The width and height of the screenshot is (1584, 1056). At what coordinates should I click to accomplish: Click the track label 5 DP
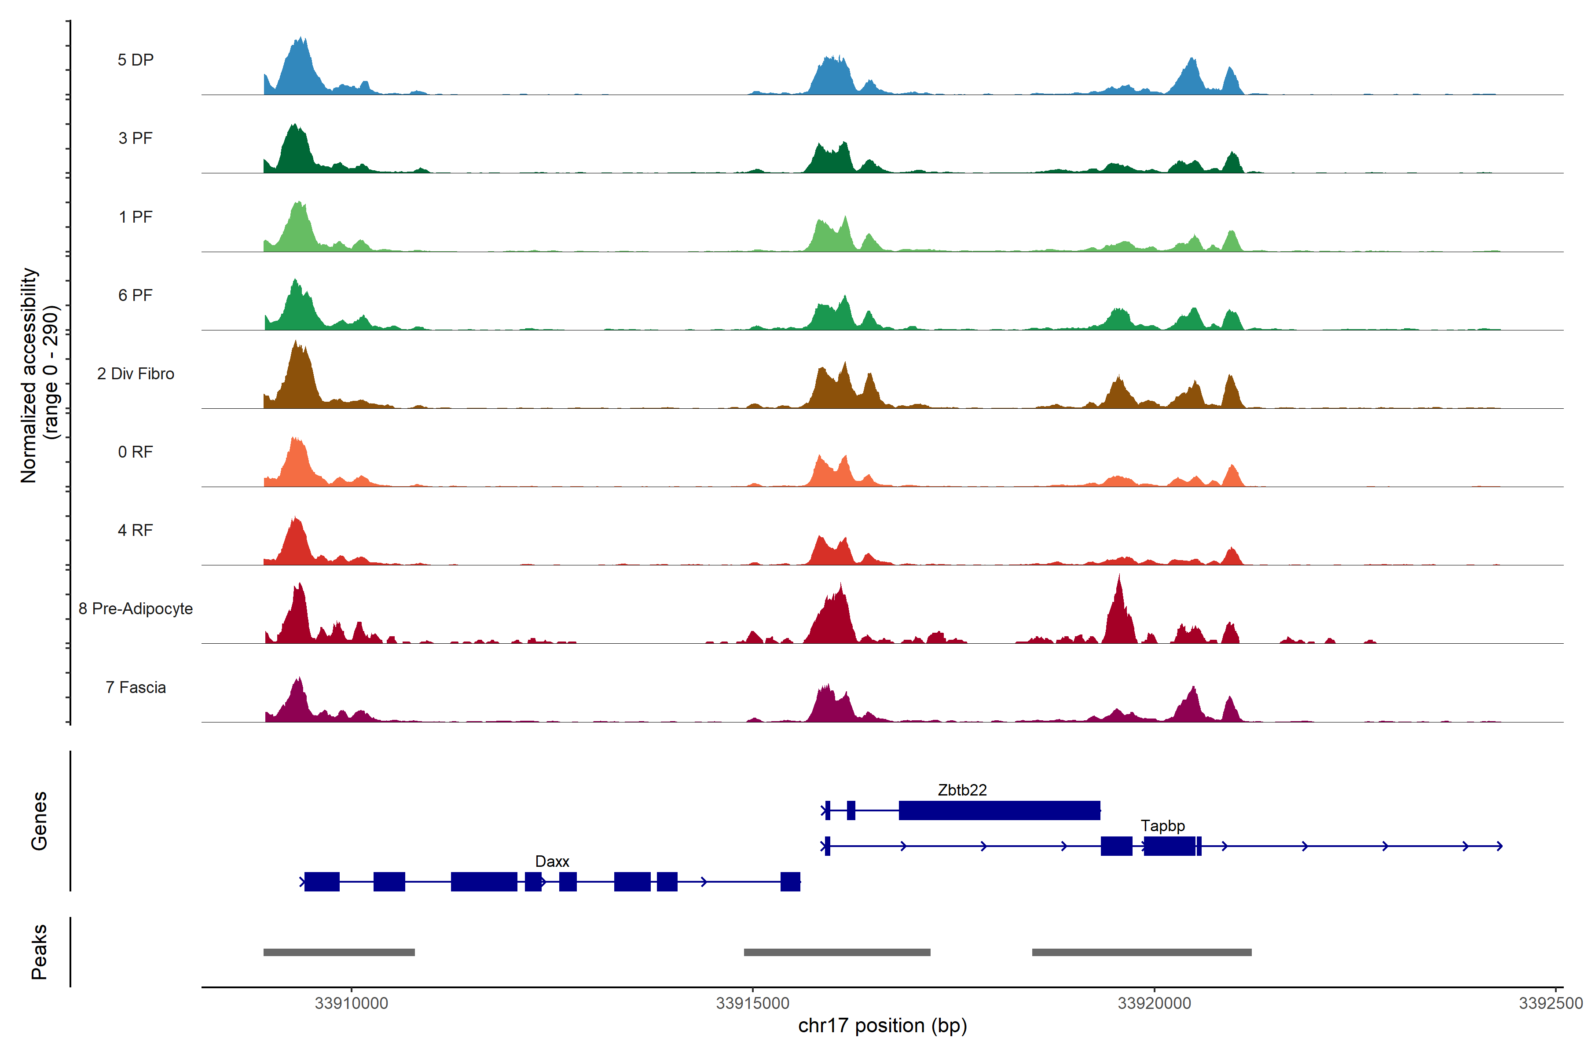point(136,60)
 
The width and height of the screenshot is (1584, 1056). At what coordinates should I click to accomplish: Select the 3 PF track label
point(136,138)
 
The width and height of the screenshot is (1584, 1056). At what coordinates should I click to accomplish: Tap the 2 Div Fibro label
point(136,374)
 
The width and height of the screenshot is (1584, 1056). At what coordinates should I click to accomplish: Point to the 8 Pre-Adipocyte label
point(136,609)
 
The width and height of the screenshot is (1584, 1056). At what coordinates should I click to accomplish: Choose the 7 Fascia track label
point(136,688)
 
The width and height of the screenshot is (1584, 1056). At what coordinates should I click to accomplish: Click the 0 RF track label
point(136,452)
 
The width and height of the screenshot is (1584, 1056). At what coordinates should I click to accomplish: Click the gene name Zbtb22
point(962,790)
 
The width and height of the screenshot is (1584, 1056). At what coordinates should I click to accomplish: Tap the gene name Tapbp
point(1162,826)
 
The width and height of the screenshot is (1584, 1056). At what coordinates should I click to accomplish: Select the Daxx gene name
point(552,862)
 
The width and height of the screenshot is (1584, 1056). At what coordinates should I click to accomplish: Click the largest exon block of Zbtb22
point(999,810)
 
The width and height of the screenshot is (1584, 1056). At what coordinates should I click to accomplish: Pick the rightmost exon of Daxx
point(790,882)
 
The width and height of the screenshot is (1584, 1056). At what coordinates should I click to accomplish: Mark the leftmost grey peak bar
point(339,952)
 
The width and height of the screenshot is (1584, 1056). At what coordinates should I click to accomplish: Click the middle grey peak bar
point(836,952)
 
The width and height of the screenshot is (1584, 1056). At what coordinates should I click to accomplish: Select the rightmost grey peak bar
point(1141,952)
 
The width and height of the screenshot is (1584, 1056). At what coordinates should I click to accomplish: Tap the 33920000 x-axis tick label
point(1154,1004)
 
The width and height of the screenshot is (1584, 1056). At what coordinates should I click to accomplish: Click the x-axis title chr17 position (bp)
point(882,1026)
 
